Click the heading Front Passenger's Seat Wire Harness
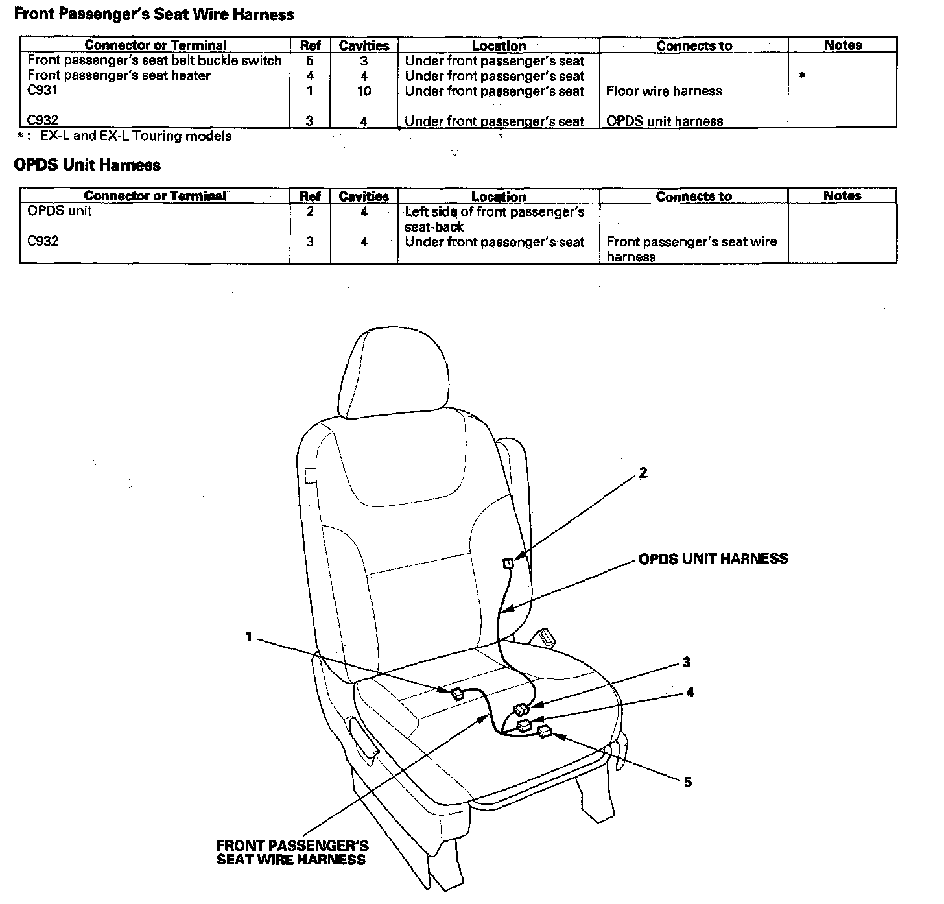[x=154, y=14]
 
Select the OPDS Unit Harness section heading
[x=87, y=165]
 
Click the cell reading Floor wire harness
[x=664, y=91]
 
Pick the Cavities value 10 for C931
[x=364, y=91]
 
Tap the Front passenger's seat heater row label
[x=119, y=75]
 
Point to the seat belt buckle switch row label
[x=154, y=60]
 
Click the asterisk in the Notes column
[x=802, y=76]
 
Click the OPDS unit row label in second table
[x=60, y=211]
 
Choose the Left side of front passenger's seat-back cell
[x=494, y=219]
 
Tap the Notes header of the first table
[x=842, y=45]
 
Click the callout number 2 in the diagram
[x=643, y=473]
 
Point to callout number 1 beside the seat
[x=248, y=637]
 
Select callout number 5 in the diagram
[x=687, y=782]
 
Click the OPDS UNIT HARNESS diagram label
[x=713, y=558]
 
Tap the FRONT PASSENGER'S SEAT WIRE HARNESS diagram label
[x=292, y=853]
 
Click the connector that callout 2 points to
[x=508, y=563]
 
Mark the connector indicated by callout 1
[x=457, y=693]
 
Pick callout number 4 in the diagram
[x=690, y=693]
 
